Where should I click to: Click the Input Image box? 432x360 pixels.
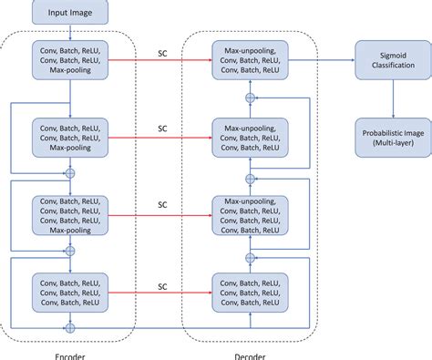[69, 12]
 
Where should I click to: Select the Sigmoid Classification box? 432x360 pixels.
[392, 60]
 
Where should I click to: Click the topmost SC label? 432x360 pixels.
[161, 52]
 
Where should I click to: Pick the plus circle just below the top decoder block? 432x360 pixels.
[250, 96]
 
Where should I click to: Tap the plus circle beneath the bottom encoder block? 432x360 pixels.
[70, 324]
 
